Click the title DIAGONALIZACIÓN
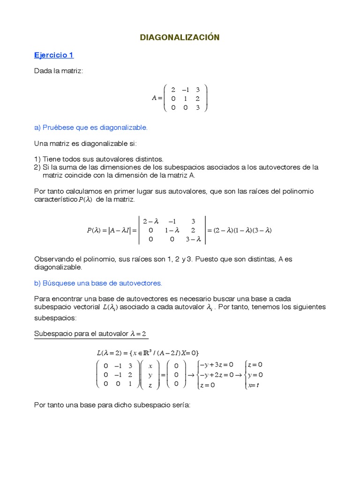point(180,37)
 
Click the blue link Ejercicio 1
point(54,55)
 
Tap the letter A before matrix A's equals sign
point(154,98)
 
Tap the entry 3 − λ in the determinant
point(193,239)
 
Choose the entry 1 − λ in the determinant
point(172,230)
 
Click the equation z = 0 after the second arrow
point(255,364)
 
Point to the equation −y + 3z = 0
point(216,364)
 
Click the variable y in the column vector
point(150,375)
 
